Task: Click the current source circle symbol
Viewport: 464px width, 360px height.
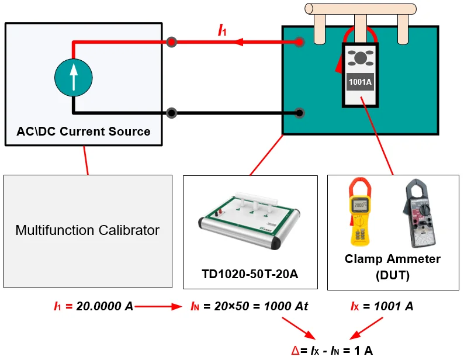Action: pos(73,77)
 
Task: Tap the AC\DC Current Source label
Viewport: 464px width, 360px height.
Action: pos(84,131)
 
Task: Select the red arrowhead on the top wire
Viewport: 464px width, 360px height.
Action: pos(240,42)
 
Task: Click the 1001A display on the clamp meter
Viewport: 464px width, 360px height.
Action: pos(360,82)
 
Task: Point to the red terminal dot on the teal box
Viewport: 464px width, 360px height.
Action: pos(299,42)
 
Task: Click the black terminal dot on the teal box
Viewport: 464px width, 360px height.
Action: pos(299,113)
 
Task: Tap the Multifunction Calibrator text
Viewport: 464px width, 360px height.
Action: pos(88,230)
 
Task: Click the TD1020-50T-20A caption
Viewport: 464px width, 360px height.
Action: pos(250,274)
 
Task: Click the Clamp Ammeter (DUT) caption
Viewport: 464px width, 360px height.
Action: pos(393,266)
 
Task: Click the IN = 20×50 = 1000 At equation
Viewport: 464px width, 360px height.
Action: pos(250,306)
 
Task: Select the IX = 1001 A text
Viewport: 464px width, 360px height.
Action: pos(382,306)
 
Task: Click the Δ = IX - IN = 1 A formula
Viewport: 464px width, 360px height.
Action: pos(332,351)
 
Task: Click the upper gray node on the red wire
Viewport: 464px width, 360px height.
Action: pos(171,42)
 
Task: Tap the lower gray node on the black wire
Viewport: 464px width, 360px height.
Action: pos(171,113)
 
